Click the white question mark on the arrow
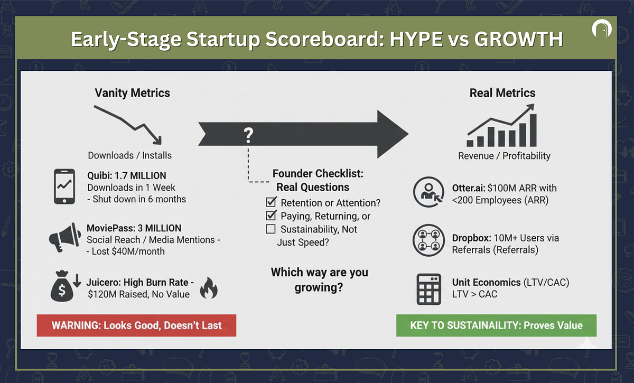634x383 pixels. click(x=248, y=135)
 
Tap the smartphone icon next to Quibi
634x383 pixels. click(x=64, y=186)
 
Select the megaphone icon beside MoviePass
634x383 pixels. click(x=65, y=237)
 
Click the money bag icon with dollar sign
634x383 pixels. click(x=62, y=286)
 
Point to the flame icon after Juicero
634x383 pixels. click(x=209, y=288)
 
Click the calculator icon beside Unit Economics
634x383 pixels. click(x=428, y=289)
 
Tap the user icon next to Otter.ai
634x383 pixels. click(x=428, y=192)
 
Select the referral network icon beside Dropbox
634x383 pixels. click(x=428, y=240)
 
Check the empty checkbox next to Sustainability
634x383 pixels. click(x=271, y=229)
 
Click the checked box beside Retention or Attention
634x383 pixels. click(x=271, y=202)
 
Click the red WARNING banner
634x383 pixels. click(x=136, y=325)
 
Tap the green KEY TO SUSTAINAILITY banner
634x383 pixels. click(x=497, y=325)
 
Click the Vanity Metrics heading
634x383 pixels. click(x=132, y=93)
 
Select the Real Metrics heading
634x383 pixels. click(x=502, y=93)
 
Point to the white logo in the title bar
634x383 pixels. click(x=601, y=29)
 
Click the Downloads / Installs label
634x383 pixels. click(x=129, y=155)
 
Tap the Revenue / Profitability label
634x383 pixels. click(x=505, y=156)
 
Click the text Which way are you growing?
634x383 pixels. click(x=319, y=279)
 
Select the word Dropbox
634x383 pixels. click(x=471, y=238)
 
